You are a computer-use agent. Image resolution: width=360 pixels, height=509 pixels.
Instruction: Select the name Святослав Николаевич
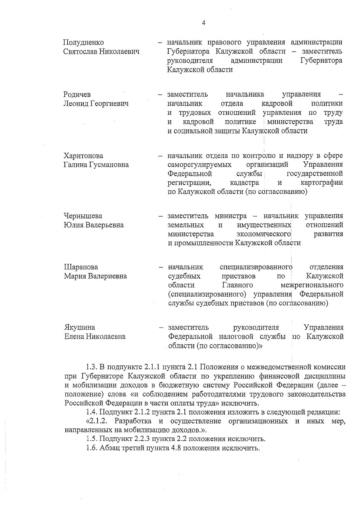coord(101,52)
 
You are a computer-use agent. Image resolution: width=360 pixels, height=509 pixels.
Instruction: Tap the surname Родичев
coord(77,95)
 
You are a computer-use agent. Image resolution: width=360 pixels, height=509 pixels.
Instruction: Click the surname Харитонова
coord(83,156)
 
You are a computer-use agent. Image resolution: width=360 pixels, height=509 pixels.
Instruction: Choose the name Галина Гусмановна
coord(96,165)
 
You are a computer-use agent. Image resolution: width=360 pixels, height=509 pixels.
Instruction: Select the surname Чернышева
coord(83,216)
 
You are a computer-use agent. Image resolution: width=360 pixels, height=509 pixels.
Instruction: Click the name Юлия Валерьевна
coord(94,225)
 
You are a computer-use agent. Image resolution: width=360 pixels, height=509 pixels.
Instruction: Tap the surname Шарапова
coord(81,267)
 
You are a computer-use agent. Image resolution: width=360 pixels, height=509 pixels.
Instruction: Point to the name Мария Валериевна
coord(95,276)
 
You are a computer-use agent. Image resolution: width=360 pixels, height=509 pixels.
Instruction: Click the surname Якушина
coord(80,327)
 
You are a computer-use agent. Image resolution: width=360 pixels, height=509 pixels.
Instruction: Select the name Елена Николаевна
coord(95,337)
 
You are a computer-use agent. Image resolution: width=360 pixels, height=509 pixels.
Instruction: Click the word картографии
coord(322,183)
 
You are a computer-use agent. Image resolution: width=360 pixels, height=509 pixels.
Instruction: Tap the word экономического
coord(264,234)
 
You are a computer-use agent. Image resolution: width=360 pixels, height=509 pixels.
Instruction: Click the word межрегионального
coord(312,285)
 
